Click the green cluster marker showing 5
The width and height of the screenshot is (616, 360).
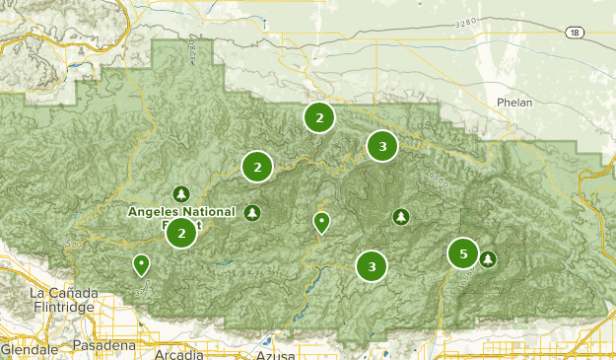click(x=463, y=253)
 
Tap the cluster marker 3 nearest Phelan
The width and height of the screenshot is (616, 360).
click(x=381, y=146)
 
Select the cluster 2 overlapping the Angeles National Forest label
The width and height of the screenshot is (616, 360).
click(x=181, y=233)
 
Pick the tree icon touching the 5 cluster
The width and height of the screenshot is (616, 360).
click(x=487, y=259)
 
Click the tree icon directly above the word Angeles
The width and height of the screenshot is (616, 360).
click(x=180, y=193)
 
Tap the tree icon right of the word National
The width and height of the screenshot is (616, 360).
click(x=253, y=212)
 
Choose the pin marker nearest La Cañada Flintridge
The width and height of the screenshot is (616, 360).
click(x=142, y=264)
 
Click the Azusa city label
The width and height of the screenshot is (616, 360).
click(x=275, y=353)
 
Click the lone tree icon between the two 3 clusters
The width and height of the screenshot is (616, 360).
click(x=399, y=216)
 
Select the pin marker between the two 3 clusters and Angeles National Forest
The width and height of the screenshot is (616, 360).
click(x=320, y=223)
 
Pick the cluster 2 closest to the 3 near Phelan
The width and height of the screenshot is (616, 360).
click(x=318, y=117)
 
